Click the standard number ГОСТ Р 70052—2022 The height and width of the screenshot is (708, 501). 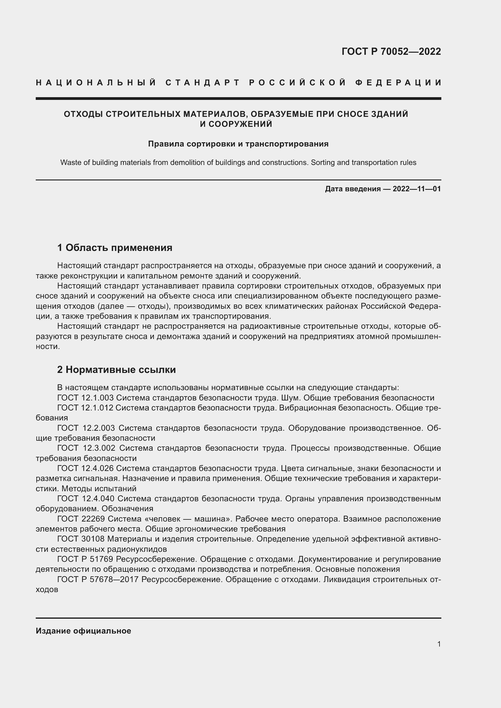391,51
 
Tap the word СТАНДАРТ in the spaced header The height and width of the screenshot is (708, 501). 203,83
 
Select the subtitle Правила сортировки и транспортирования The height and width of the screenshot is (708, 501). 238,144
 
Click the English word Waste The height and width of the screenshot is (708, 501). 71,163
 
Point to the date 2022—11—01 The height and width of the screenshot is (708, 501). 416,189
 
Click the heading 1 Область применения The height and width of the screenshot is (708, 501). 115,247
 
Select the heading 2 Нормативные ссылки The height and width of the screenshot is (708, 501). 116,369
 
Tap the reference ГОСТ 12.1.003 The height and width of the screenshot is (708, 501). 85,398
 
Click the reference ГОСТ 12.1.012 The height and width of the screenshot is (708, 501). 85,408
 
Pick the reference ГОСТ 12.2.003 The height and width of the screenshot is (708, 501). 86,428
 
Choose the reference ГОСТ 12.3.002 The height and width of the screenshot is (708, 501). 86,448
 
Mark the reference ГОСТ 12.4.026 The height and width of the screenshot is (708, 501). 85,468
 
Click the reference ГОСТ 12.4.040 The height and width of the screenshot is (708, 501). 86,499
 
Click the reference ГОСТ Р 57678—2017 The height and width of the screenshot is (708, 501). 98,579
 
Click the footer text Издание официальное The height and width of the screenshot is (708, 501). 83,631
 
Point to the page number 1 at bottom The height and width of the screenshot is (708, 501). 439,644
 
